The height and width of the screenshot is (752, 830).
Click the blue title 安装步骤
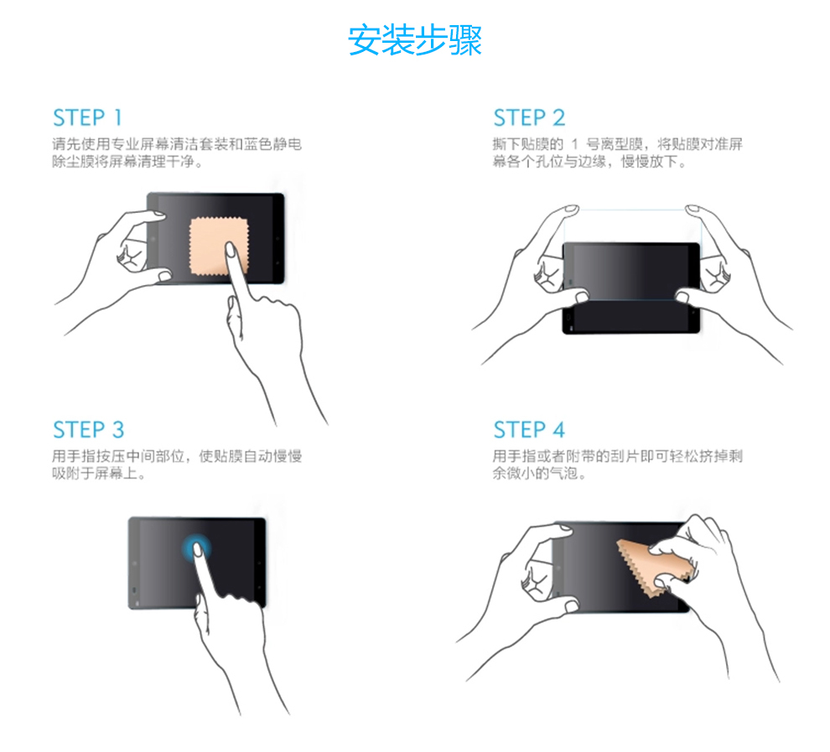click(414, 39)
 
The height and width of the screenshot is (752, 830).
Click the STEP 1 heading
click(87, 117)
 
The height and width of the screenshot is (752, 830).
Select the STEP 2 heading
click(529, 117)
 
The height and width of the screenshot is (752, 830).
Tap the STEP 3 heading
click(88, 430)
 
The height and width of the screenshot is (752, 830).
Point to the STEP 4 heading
click(529, 430)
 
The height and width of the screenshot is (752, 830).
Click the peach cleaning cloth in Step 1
click(219, 246)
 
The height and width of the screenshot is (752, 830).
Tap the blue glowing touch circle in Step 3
click(196, 547)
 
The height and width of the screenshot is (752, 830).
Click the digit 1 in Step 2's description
click(574, 144)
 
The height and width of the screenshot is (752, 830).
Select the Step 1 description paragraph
click(177, 153)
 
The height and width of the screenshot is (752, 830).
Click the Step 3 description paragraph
click(177, 464)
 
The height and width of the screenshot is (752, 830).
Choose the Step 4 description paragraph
click(617, 464)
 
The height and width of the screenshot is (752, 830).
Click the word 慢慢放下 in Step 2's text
click(649, 162)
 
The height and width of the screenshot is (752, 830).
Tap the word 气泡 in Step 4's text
click(563, 473)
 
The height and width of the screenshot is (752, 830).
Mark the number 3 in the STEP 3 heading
click(118, 430)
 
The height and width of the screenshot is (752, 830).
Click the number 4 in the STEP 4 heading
click(559, 430)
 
